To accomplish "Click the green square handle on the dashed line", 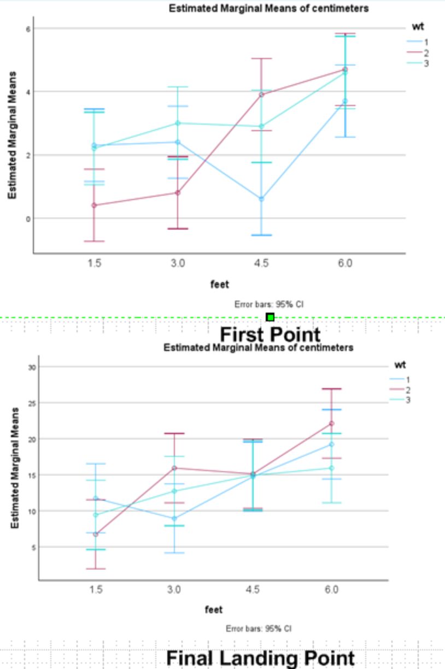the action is tap(270, 317).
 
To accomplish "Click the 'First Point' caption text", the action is tap(270, 334).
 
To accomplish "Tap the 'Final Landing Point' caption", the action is tap(260, 658).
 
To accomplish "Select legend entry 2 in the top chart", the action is tap(418, 53).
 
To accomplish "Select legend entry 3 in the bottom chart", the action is tap(400, 400).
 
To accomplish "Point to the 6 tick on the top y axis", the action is tap(28, 29).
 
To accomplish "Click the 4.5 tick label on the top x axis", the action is tap(261, 263).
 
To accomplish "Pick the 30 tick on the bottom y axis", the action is tap(32, 367).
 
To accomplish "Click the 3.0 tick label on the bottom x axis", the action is tap(174, 589).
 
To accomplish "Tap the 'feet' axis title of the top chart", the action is tap(220, 284).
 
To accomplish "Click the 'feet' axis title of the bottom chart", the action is tap(214, 609).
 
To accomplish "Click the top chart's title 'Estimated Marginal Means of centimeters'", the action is tap(268, 8).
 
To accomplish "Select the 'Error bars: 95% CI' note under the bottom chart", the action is tap(259, 629).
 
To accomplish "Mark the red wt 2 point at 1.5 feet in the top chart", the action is tap(95, 205).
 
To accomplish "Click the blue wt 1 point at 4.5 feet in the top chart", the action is tap(261, 198).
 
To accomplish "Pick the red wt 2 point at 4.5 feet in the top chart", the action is tap(261, 95).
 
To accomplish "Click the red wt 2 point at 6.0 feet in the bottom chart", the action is tap(331, 424).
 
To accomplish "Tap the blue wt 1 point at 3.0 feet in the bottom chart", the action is tap(175, 519).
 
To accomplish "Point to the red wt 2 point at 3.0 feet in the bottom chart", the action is tap(175, 468).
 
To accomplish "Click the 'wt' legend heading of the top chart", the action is tap(418, 27).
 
